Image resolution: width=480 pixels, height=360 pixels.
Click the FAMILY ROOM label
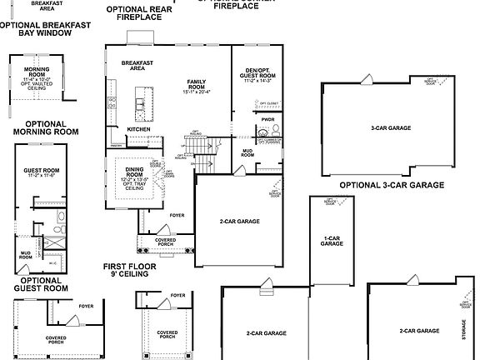coord(196,84)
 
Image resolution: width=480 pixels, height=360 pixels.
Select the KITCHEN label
coord(138,129)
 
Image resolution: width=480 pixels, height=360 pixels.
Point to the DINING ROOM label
coord(134,173)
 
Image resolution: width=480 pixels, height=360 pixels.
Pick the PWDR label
coord(267,119)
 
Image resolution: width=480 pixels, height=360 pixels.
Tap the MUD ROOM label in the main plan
coord(247,152)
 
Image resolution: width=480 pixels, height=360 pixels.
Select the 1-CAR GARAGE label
coord(332,241)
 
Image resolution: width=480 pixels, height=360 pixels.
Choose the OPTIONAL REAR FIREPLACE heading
coord(139,12)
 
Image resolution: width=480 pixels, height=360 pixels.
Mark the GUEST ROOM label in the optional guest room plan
coord(40,172)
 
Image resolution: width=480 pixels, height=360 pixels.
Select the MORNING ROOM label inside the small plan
coord(37,74)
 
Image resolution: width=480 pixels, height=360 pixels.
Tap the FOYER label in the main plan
coord(177,216)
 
